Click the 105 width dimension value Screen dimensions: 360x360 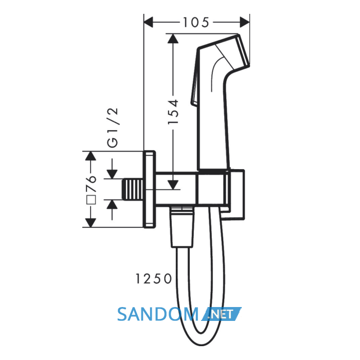(x=196, y=23)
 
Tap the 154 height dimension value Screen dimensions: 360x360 (x=173, y=112)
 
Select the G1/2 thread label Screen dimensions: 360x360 (x=113, y=127)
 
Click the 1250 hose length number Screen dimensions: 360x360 (x=154, y=279)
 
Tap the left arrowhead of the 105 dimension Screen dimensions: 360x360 (x=148, y=22)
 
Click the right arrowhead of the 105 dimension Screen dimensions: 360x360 (x=245, y=22)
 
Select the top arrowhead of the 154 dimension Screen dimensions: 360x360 (x=173, y=39)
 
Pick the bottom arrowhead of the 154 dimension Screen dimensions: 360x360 (x=173, y=185)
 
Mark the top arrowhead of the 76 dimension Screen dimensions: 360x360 (x=91, y=156)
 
